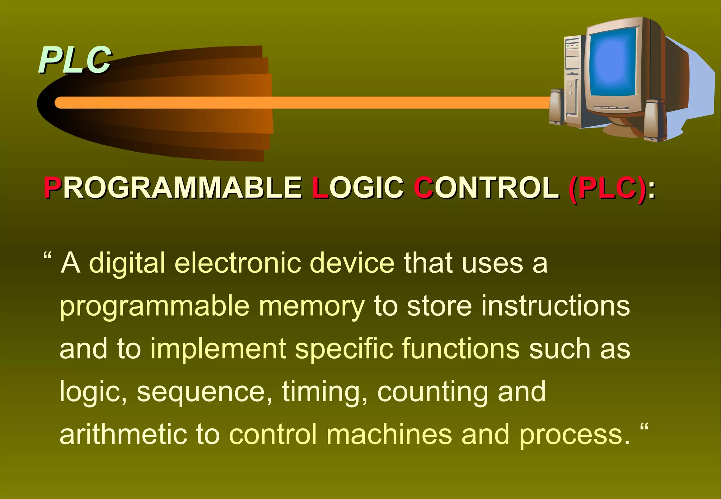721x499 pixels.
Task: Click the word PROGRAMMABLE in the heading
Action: point(173,188)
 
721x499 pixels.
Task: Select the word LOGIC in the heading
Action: point(358,188)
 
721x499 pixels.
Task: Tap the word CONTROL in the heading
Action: point(486,188)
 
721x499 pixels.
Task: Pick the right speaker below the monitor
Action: point(651,120)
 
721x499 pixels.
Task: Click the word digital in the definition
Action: point(127,263)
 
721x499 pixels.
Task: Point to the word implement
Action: point(218,349)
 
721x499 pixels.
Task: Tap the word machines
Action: point(389,434)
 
